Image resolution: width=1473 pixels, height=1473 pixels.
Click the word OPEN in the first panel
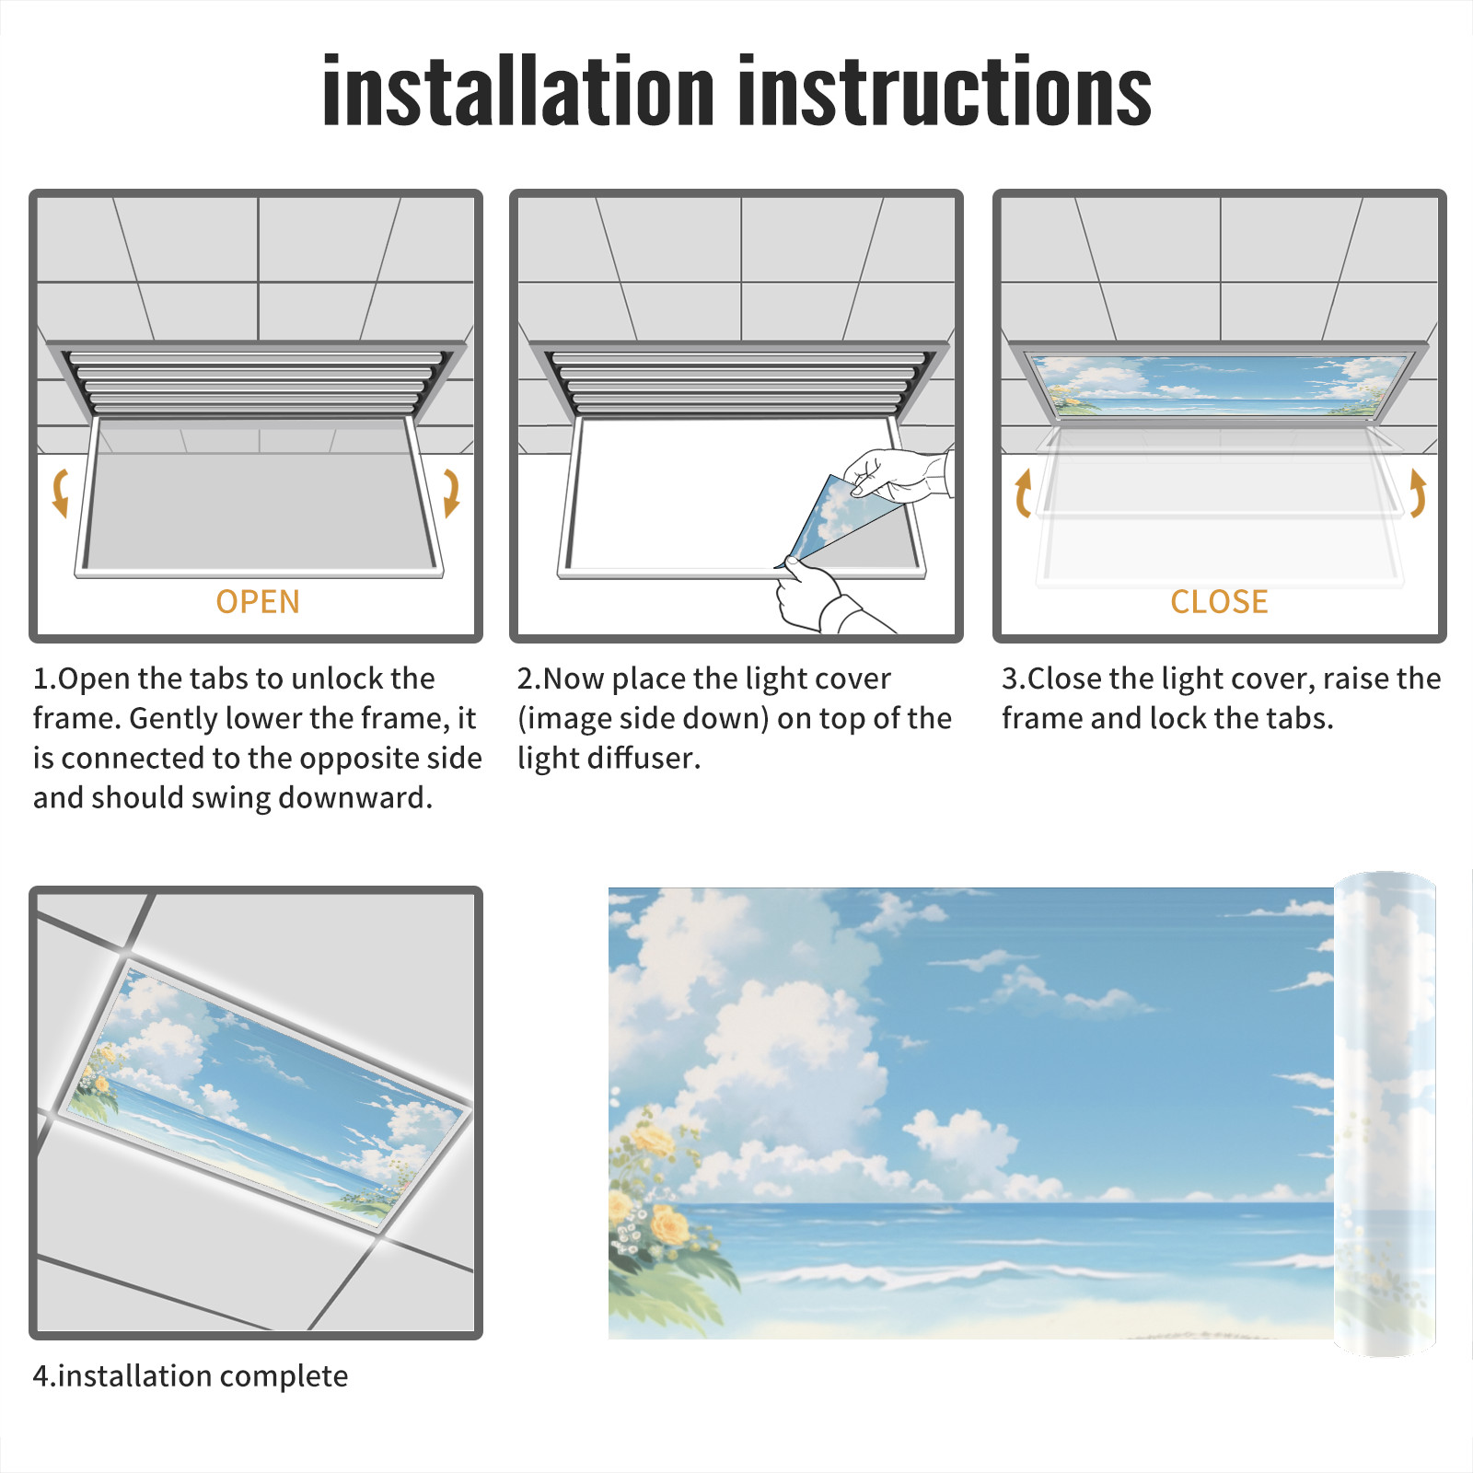coord(258,602)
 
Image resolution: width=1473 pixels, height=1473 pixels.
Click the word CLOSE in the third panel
coord(1219,602)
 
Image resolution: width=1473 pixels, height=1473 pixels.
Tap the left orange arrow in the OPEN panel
coord(61,493)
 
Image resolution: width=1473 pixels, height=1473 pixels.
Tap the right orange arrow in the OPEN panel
coord(451,493)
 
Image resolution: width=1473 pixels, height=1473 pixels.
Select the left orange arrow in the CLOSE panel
coord(1022,493)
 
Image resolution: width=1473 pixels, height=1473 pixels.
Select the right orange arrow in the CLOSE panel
coord(1418,493)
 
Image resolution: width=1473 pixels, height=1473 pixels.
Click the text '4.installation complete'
coord(191,1375)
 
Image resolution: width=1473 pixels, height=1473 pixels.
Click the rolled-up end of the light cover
coord(1385,1113)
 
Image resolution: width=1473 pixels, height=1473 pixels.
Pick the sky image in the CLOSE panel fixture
coord(1219,385)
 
